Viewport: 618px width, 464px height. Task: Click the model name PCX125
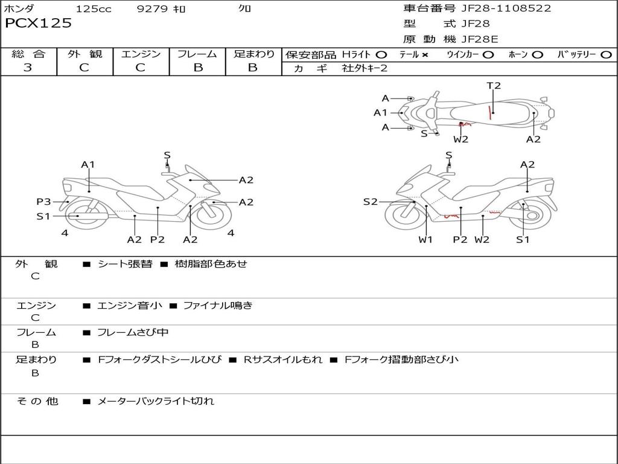click(38, 23)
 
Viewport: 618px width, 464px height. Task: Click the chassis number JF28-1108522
click(506, 8)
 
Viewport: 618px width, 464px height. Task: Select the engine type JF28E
click(480, 39)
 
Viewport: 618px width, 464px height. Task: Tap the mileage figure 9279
click(152, 8)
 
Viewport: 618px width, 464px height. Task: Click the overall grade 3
click(28, 68)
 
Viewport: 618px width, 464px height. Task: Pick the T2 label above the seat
click(494, 86)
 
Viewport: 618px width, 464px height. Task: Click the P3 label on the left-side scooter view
click(43, 202)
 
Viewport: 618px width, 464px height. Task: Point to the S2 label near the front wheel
click(370, 202)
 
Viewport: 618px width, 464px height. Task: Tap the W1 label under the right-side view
click(425, 239)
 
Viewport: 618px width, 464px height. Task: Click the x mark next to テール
click(424, 55)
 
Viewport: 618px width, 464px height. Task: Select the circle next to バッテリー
click(606, 55)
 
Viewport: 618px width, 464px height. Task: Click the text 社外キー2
click(365, 68)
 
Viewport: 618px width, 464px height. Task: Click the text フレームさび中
click(133, 333)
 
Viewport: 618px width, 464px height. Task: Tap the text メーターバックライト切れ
click(156, 401)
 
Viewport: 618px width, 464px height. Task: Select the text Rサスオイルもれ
click(282, 359)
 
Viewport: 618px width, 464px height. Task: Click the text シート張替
click(125, 264)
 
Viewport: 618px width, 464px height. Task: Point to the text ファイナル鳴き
click(217, 305)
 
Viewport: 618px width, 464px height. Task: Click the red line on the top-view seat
click(489, 112)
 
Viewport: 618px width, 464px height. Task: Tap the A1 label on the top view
click(380, 113)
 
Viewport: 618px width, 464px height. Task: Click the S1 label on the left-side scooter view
click(43, 216)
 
